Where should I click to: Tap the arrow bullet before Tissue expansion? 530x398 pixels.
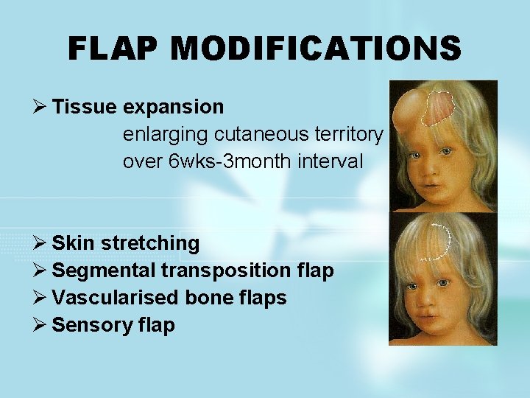coord(41,107)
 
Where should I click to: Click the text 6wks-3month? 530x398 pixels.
coord(232,161)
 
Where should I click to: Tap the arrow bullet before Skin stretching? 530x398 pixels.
coord(41,243)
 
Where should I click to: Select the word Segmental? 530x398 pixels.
coord(103,270)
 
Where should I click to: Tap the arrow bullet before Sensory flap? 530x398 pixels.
coord(41,325)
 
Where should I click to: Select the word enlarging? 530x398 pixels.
coord(166,134)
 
